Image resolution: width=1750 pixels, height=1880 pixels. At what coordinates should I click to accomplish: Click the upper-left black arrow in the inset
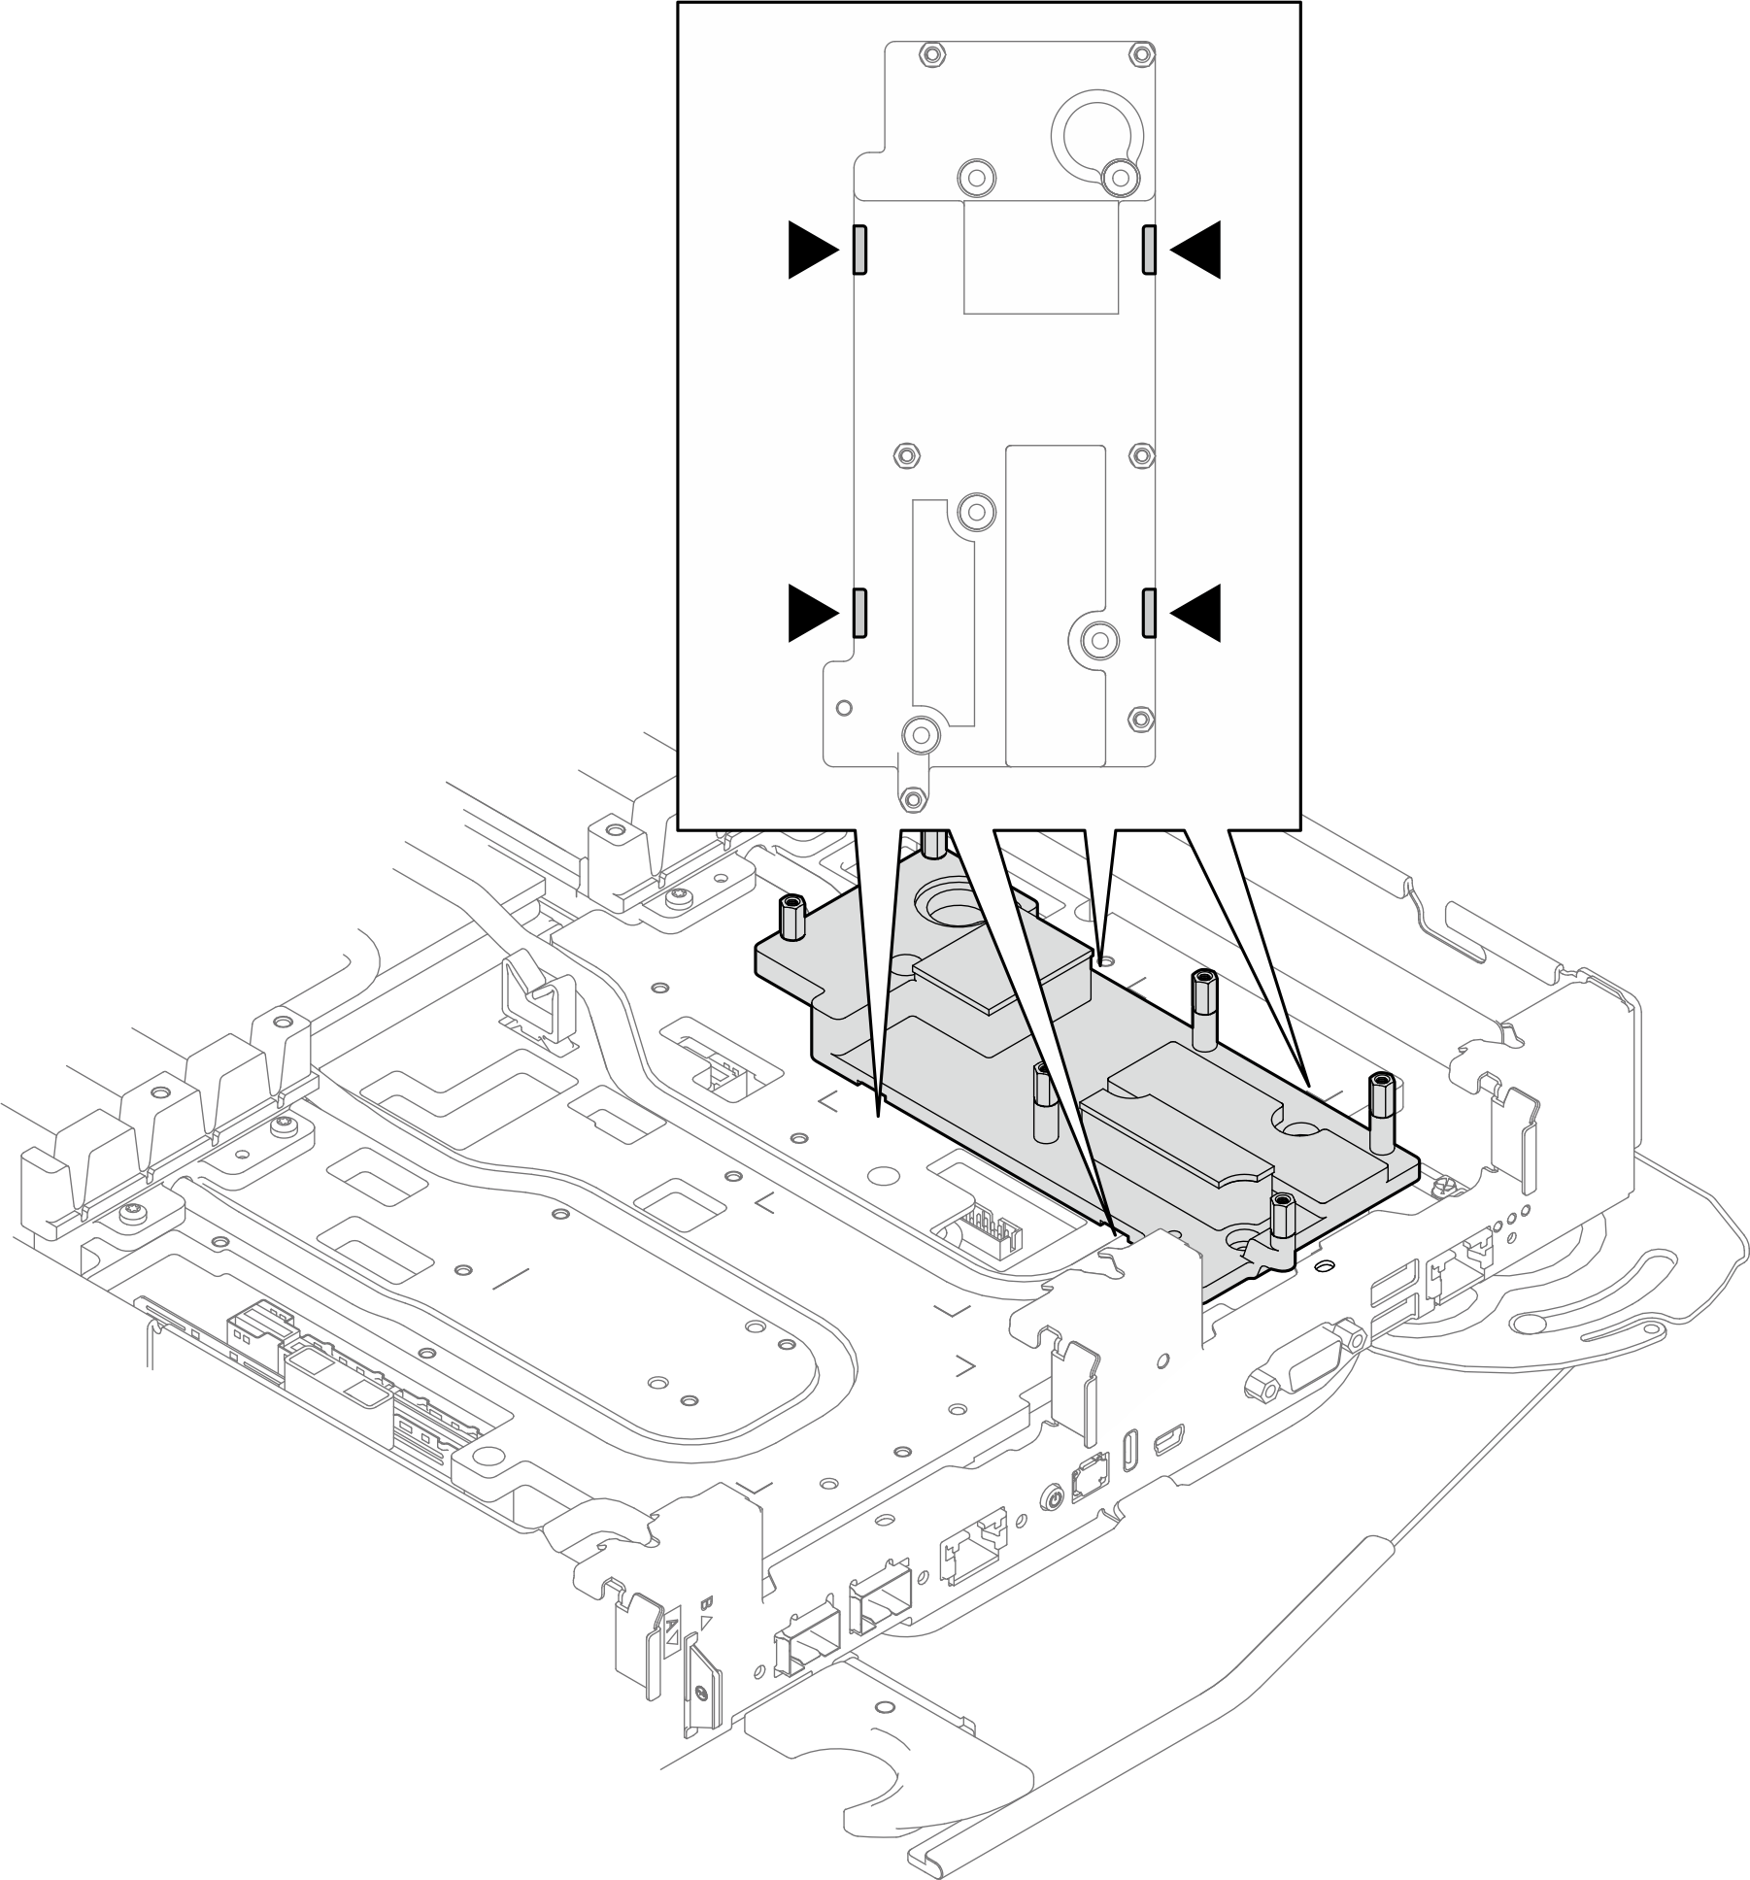coord(811,251)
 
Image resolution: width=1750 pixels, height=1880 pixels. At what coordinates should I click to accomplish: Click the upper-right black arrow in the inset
coord(1197,251)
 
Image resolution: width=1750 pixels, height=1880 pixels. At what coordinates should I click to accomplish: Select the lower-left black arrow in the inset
coord(811,613)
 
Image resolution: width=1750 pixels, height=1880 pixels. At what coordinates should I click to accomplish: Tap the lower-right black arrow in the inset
coord(1197,613)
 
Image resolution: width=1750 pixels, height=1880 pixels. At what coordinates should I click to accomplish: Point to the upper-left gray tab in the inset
coord(859,251)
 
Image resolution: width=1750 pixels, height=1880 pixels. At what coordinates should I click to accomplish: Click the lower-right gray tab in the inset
coord(1149,613)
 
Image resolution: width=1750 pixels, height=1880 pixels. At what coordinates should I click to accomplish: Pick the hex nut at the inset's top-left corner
coord(931,54)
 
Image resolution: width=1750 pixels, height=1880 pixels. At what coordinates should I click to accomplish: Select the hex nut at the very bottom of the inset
coord(912,799)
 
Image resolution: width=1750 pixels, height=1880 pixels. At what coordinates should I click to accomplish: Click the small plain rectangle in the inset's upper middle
coord(1040,257)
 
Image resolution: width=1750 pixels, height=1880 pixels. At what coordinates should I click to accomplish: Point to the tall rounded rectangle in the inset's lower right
coord(1056,605)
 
